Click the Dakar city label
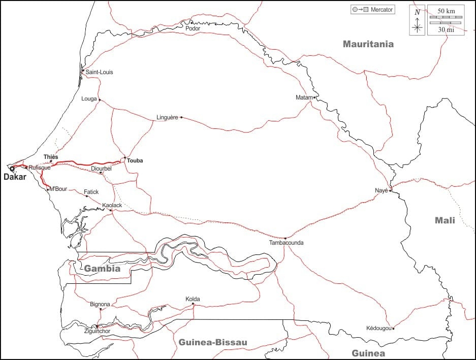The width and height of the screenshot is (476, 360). (x=15, y=177)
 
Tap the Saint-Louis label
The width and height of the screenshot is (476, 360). (x=99, y=72)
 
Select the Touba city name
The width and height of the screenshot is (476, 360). (x=135, y=160)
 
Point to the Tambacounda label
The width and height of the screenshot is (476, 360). (x=287, y=243)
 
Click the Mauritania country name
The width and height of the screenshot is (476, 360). (x=368, y=44)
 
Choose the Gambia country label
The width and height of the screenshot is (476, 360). (x=102, y=269)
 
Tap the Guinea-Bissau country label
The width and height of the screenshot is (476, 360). (x=213, y=342)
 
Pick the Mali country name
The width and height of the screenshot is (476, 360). (x=445, y=220)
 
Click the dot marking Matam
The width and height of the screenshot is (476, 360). (x=314, y=97)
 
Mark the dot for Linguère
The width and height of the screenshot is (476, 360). (x=181, y=117)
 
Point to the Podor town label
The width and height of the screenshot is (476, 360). (x=193, y=28)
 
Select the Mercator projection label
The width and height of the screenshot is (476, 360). (x=382, y=10)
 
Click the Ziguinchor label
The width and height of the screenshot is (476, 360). (x=97, y=331)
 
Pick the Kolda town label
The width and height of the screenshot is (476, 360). (x=193, y=299)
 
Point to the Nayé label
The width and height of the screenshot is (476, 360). (x=381, y=190)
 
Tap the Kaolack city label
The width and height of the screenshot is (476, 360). (x=112, y=205)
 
